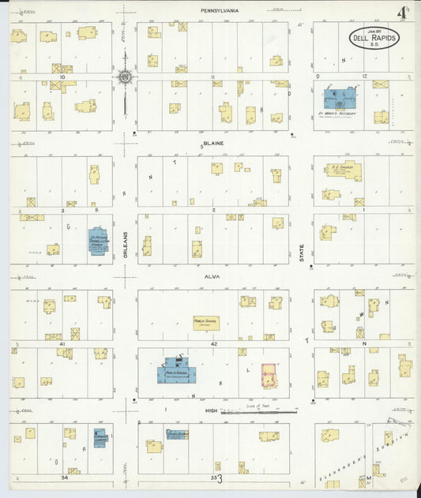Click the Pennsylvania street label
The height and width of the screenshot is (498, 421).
(220, 10)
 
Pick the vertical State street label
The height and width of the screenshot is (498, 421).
(301, 252)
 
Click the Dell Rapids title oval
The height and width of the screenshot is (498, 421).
(374, 38)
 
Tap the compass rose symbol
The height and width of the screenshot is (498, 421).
(125, 77)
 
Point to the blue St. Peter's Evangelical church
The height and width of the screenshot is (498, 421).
(99, 238)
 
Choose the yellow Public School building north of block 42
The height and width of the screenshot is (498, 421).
(206, 323)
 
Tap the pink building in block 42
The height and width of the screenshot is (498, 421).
(269, 375)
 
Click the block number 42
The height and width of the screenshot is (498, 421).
(213, 343)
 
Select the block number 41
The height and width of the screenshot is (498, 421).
(51, 336)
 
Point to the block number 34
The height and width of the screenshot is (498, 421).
(64, 477)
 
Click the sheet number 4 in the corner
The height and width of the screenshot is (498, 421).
(403, 13)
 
